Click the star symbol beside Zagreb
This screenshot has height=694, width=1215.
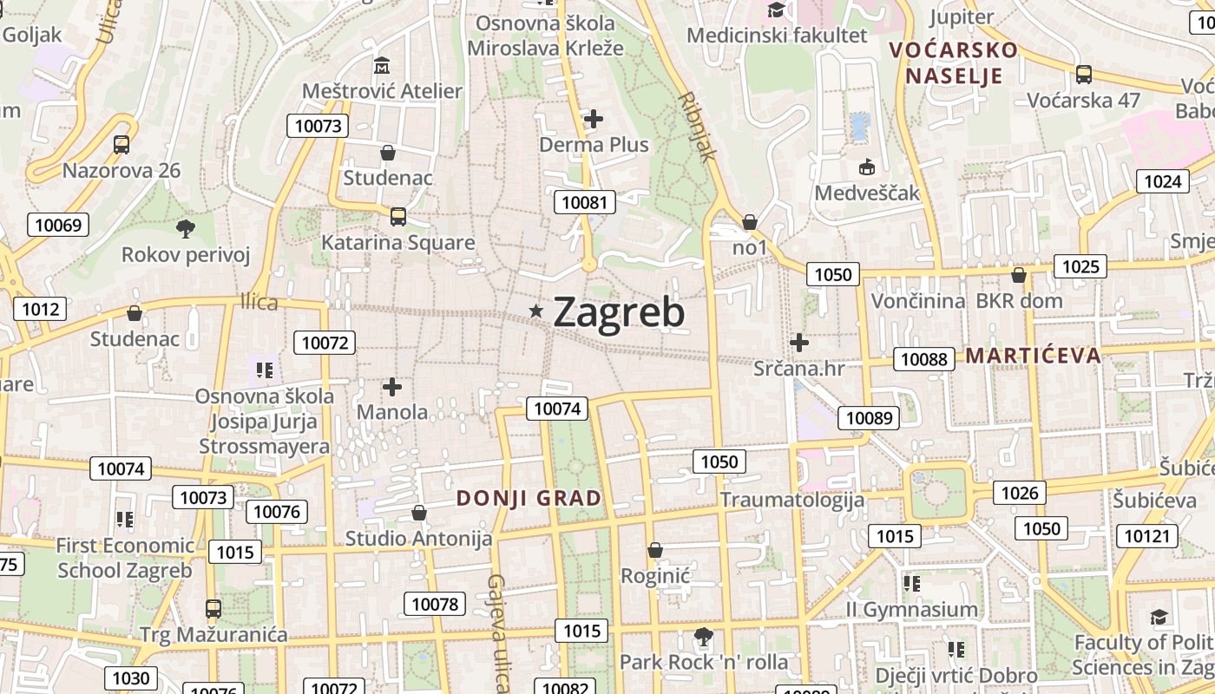pyautogui.click(x=537, y=311)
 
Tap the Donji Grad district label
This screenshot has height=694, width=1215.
pyautogui.click(x=529, y=498)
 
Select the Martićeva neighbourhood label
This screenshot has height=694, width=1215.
pyautogui.click(x=1033, y=355)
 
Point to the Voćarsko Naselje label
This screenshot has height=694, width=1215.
pyautogui.click(x=954, y=62)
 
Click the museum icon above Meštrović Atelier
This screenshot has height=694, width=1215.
pyautogui.click(x=381, y=66)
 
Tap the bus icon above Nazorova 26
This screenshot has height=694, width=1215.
pyautogui.click(x=121, y=145)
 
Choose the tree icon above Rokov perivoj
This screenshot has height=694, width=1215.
pyautogui.click(x=185, y=229)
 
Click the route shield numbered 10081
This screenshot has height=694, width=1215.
pyautogui.click(x=585, y=203)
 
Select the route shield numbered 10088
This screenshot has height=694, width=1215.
pyautogui.click(x=924, y=359)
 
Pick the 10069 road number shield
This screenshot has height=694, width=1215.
pyautogui.click(x=58, y=226)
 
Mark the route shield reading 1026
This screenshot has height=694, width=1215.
pyautogui.click(x=1020, y=494)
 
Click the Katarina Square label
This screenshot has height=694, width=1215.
pyautogui.click(x=398, y=242)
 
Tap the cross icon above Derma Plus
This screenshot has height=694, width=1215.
pyautogui.click(x=594, y=119)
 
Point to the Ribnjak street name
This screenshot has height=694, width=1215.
pyautogui.click(x=699, y=127)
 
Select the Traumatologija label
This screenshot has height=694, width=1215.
pyautogui.click(x=792, y=500)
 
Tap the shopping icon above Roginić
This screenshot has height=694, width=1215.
pyautogui.click(x=655, y=550)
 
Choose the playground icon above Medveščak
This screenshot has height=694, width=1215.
pyautogui.click(x=866, y=167)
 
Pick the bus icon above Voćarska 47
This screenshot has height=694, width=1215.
pyautogui.click(x=1084, y=75)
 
